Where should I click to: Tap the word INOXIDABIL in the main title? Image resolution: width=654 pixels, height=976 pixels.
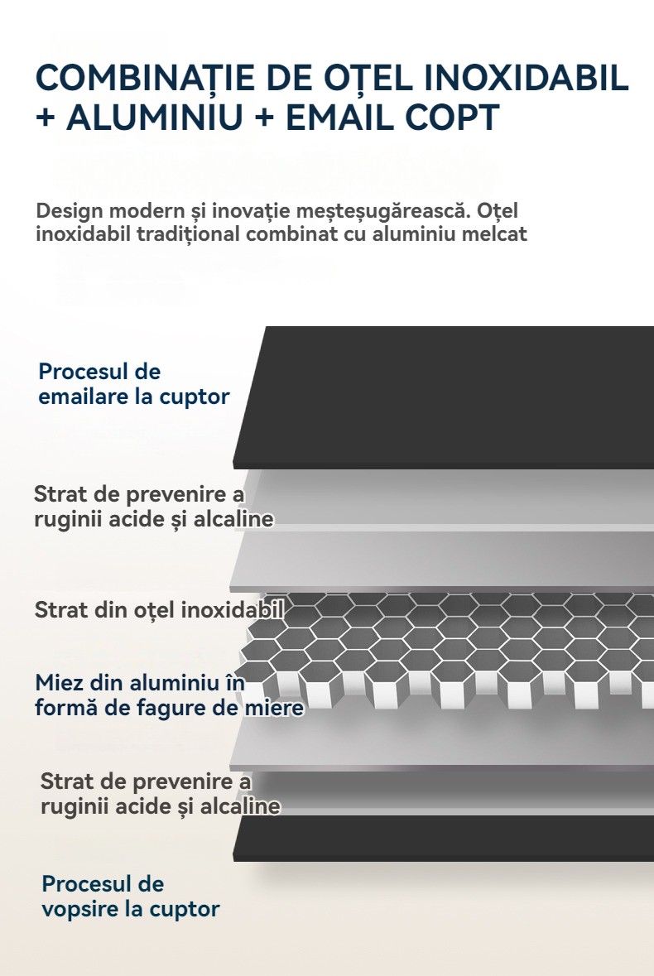pos(527,77)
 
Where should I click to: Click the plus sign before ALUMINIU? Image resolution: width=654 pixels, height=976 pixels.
pos(46,118)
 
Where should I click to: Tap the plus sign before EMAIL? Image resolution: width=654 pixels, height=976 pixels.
pos(264,118)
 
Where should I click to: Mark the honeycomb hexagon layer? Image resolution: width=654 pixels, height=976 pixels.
pos(447,651)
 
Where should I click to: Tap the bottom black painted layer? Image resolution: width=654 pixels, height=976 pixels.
pos(444,839)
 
